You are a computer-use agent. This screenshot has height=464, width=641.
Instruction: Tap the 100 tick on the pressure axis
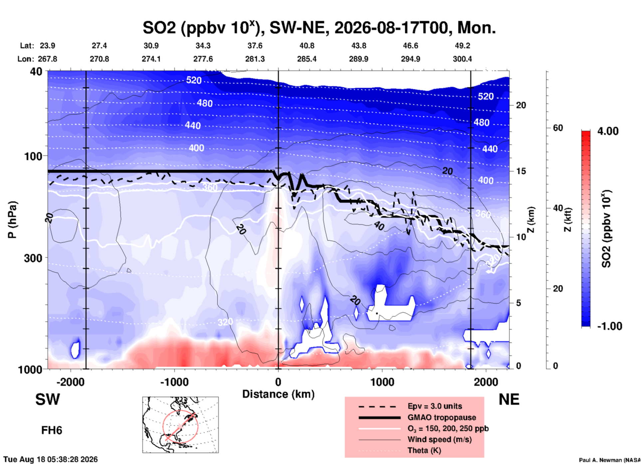33,156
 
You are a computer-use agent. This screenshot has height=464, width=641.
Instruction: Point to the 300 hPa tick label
33,258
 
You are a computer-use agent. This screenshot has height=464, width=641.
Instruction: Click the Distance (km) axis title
278,394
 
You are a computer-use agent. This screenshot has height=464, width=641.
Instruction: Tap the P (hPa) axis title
12,220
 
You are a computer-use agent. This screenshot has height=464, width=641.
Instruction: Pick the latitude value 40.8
307,46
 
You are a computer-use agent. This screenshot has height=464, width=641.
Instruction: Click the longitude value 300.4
462,59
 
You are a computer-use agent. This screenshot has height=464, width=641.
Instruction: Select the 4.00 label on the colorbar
608,131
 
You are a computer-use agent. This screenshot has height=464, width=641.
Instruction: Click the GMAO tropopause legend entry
442,417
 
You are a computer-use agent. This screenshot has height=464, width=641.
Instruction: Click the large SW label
48,399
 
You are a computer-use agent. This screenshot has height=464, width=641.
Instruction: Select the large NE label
509,399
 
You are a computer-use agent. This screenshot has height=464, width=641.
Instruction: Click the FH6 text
52,430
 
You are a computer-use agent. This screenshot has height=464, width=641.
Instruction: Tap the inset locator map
180,425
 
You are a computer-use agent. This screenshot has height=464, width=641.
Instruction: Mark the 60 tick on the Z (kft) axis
558,128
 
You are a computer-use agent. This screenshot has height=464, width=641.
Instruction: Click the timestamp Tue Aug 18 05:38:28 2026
51,459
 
